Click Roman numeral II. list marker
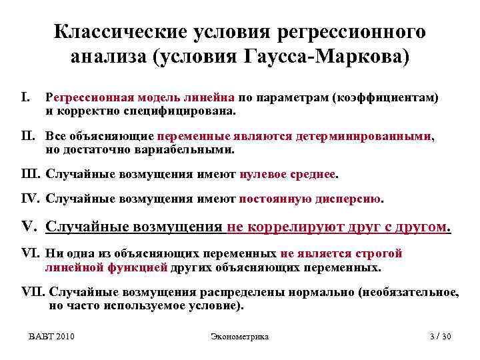30,136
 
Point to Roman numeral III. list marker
31,175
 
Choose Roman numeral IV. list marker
31,199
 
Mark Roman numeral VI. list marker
31,254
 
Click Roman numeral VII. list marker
34,292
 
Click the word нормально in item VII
315,292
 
